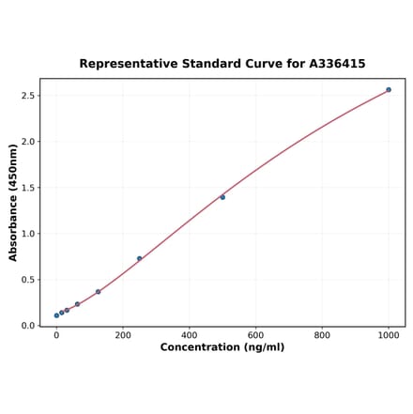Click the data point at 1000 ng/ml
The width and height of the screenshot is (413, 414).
pos(389,90)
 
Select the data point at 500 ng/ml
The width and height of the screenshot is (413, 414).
pos(222,197)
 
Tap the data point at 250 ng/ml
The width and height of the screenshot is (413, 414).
pos(140,258)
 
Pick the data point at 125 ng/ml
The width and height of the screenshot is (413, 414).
pos(98,292)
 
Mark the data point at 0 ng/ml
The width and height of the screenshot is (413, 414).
pos(56,315)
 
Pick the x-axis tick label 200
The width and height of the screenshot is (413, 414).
pos(123,335)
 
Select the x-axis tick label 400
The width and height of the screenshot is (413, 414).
pos(190,335)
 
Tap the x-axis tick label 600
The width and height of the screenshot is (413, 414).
pos(256,335)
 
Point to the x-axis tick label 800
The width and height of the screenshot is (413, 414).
pos(322,335)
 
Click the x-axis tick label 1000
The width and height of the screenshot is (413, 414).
pos(389,335)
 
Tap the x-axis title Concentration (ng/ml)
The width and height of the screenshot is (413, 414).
pos(222,348)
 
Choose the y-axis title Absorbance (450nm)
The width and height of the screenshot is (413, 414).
pos(13,203)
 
